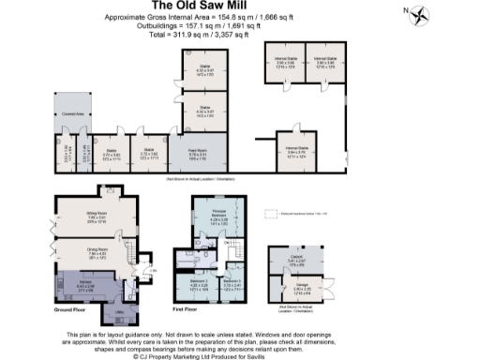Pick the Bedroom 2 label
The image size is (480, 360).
198,280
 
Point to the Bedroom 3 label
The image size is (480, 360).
232,280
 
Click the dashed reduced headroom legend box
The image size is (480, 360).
273,215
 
